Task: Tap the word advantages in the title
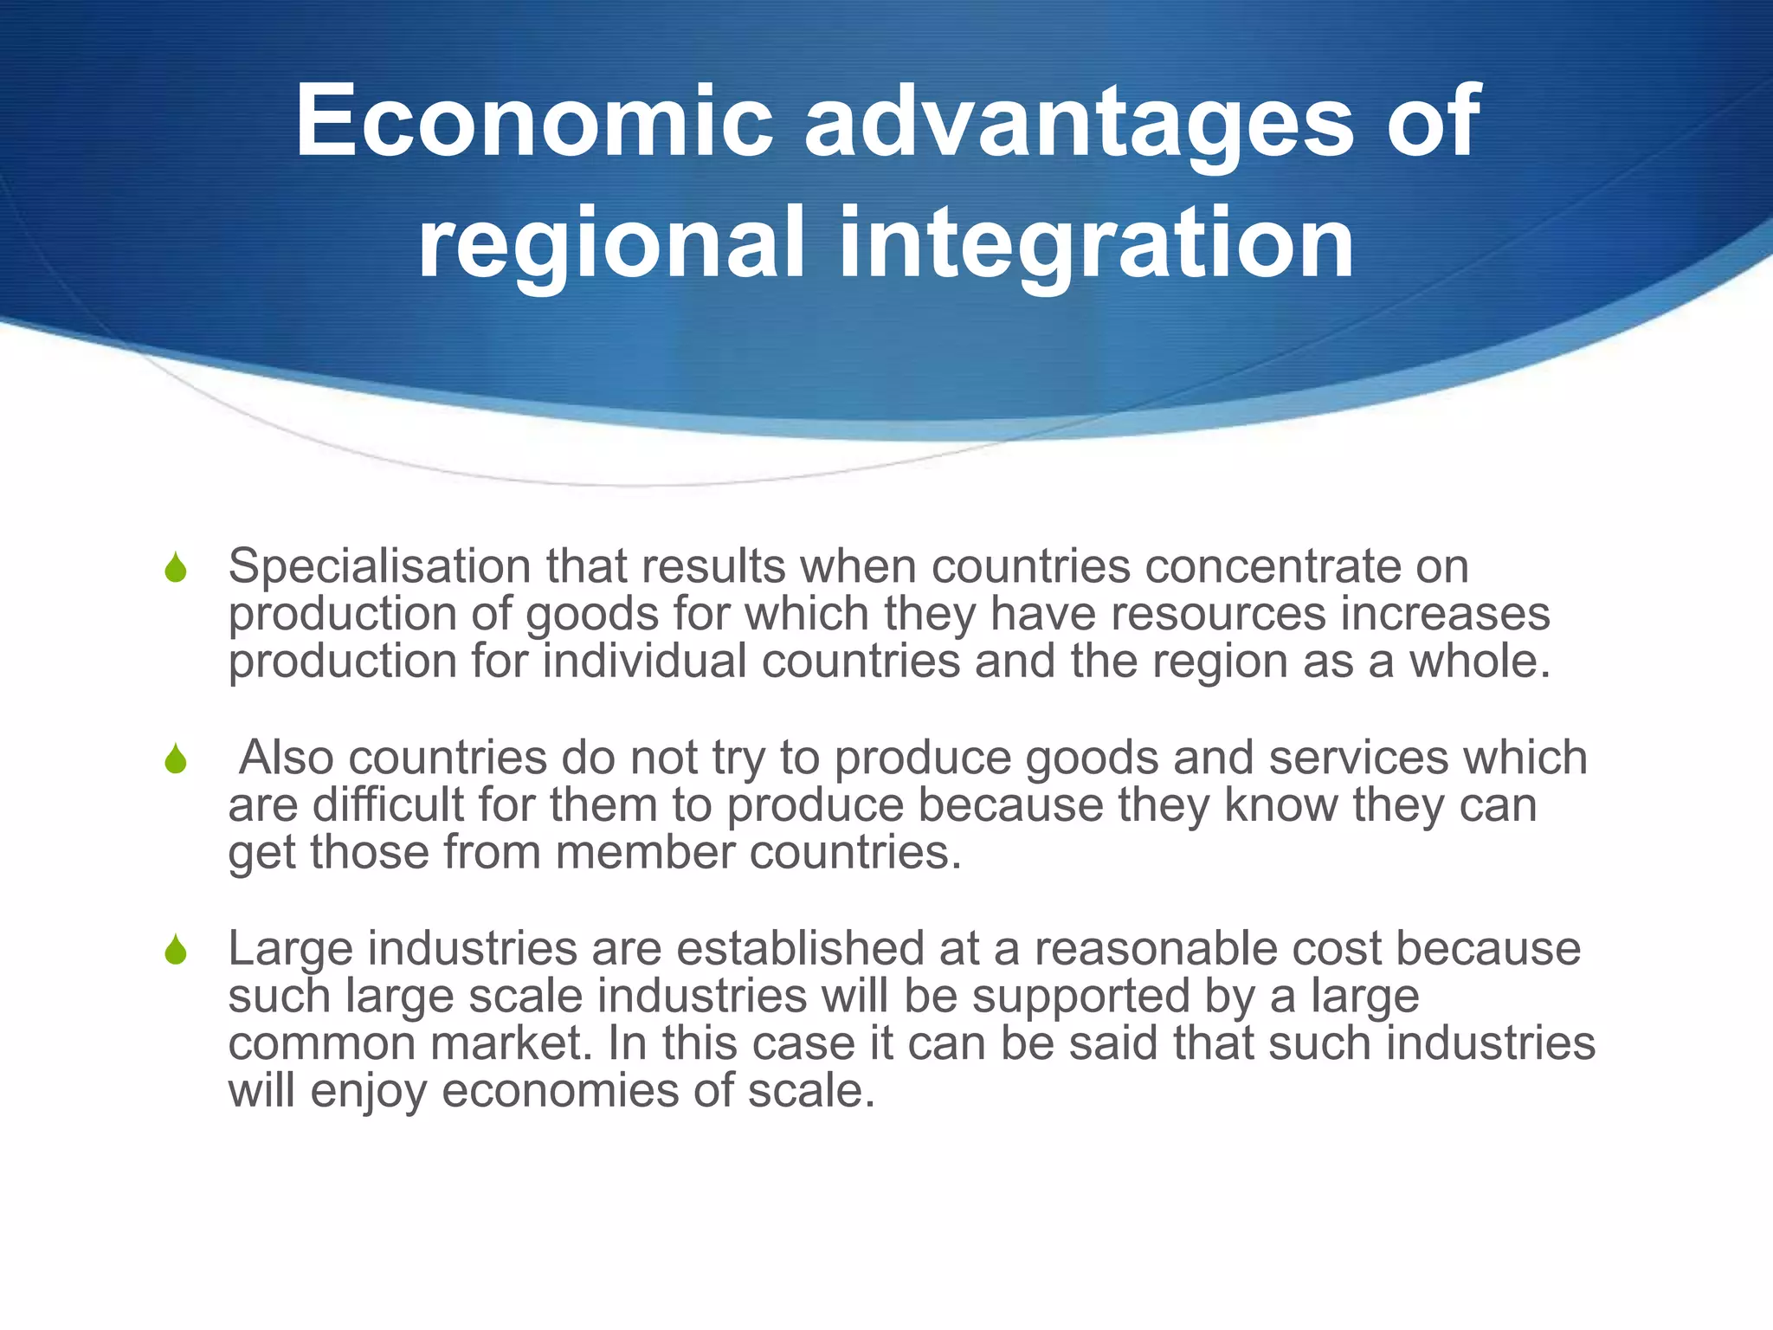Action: [1079, 123]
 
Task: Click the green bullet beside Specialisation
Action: [176, 568]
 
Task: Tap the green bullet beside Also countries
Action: [176, 759]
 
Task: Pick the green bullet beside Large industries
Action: [176, 950]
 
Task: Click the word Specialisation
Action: [379, 568]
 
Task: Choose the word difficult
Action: [389, 804]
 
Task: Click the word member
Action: [645, 852]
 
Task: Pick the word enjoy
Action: [368, 1091]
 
